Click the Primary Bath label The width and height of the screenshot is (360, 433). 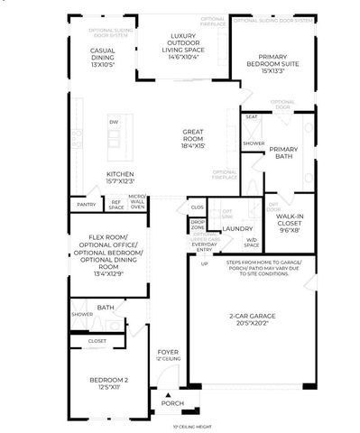(283, 153)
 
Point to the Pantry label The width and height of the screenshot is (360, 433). (87, 206)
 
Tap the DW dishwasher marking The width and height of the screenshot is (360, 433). (113, 122)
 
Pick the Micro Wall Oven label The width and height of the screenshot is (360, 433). (137, 202)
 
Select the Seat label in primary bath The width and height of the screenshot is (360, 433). (252, 116)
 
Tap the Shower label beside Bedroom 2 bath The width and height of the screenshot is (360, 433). (82, 315)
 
